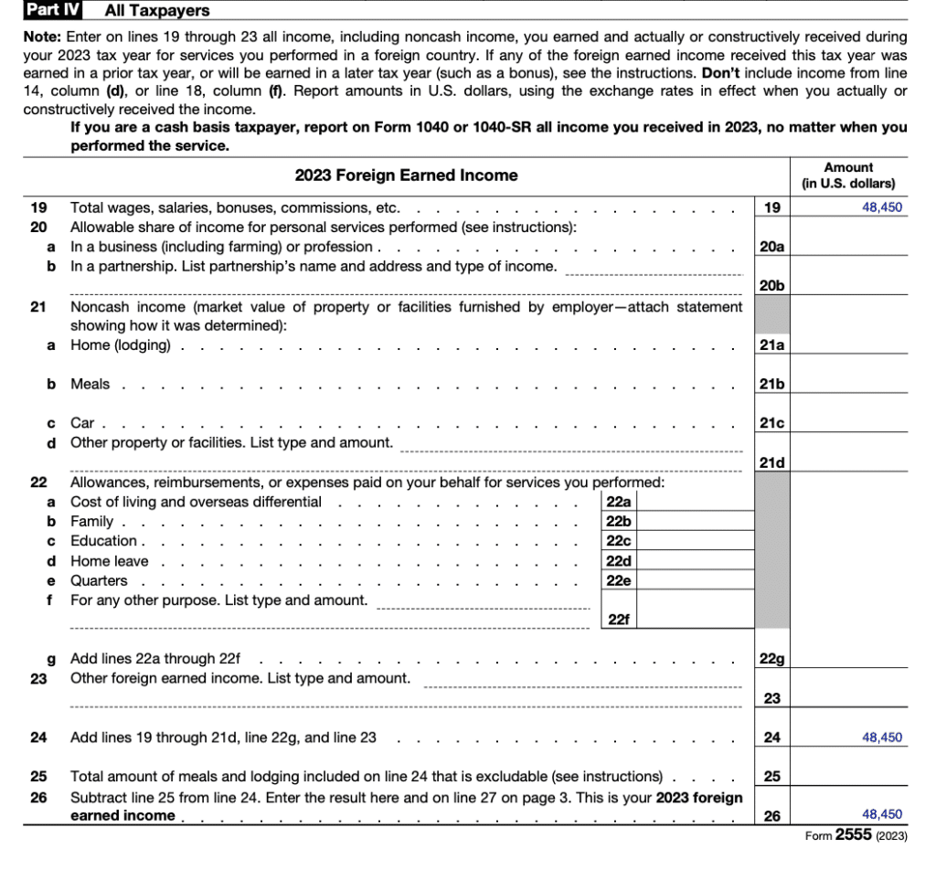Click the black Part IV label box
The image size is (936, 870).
[x=53, y=11]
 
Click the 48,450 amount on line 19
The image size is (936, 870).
[x=881, y=207]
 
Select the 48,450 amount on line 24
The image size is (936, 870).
[x=881, y=737]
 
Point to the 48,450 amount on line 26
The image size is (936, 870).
[x=881, y=814]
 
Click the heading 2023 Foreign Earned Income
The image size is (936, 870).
[x=406, y=175]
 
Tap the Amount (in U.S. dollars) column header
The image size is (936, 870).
[x=848, y=175]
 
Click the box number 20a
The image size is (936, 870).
[x=772, y=247]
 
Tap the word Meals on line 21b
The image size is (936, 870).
[x=90, y=384]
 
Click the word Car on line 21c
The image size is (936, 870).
[x=82, y=423]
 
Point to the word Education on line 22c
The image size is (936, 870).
[x=102, y=541]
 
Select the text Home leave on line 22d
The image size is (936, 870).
[x=109, y=561]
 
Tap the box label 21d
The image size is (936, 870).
[x=772, y=463]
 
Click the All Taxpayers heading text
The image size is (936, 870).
[x=157, y=11]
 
